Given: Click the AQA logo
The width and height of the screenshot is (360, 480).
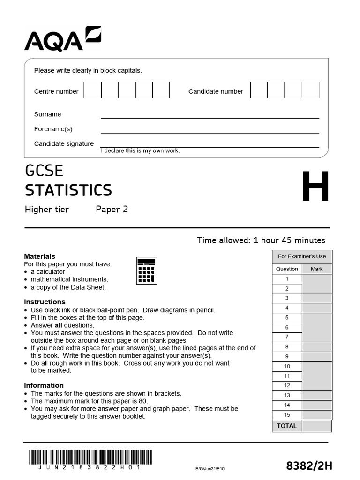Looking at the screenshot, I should pyautogui.click(x=62, y=39).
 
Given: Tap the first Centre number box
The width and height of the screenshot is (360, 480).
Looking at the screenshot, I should pyautogui.click(x=93, y=90).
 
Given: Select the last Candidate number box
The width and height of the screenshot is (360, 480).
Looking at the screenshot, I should pyautogui.click(x=310, y=90).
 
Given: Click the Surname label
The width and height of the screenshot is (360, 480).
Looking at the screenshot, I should pyautogui.click(x=47, y=114).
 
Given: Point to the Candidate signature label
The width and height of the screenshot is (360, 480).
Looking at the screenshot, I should pyautogui.click(x=64, y=144).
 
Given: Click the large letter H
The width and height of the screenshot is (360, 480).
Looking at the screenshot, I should pyautogui.click(x=315, y=187).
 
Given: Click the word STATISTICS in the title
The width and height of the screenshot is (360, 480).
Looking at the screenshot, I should pyautogui.click(x=68, y=190).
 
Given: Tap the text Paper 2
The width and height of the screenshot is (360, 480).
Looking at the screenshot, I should pyautogui.click(x=112, y=210).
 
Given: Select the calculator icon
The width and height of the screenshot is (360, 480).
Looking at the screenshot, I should pyautogui.click(x=146, y=270).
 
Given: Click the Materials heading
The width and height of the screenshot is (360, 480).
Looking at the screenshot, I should pyautogui.click(x=39, y=256).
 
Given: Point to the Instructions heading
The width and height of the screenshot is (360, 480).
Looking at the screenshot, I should pyautogui.click(x=45, y=302).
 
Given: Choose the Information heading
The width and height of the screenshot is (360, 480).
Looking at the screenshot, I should pyautogui.click(x=44, y=385).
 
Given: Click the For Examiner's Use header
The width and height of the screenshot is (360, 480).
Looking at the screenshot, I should pyautogui.click(x=302, y=256).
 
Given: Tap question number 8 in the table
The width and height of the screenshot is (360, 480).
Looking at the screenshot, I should pyautogui.click(x=287, y=347).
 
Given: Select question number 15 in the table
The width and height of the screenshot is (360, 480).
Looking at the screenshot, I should pyautogui.click(x=287, y=415).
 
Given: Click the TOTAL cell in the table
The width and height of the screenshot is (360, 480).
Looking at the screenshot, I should pyautogui.click(x=287, y=426).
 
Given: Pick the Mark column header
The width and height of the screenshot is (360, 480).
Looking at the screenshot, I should pyautogui.click(x=317, y=269).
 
